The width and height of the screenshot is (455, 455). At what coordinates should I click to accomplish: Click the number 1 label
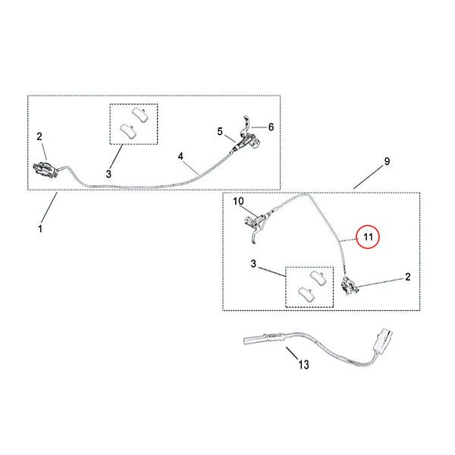pyautogui.click(x=41, y=227)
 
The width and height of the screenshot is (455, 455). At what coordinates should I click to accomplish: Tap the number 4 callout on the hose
pyautogui.click(x=181, y=156)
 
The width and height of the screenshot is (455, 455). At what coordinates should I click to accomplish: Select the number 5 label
pyautogui.click(x=220, y=131)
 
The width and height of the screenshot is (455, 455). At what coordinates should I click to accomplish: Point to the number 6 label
pyautogui.click(x=271, y=127)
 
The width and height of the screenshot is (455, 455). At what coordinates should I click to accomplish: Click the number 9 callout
pyautogui.click(x=386, y=162)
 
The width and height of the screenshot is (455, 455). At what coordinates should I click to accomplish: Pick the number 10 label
pyautogui.click(x=237, y=202)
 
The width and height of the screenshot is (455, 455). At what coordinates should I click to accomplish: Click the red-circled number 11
pyautogui.click(x=368, y=237)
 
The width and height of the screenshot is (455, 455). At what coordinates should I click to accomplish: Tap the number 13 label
pyautogui.click(x=303, y=366)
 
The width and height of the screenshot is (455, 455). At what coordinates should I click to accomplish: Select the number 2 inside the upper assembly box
pyautogui.click(x=40, y=136)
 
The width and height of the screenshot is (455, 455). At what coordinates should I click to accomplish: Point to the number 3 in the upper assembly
pyautogui.click(x=108, y=174)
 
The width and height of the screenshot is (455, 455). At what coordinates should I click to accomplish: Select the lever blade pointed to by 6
pyautogui.click(x=246, y=121)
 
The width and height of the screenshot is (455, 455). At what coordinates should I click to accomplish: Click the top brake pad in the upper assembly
pyautogui.click(x=138, y=114)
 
